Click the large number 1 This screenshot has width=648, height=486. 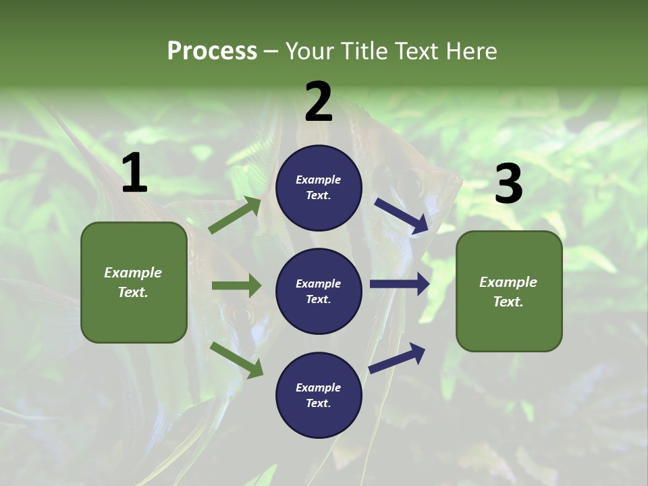(134, 173)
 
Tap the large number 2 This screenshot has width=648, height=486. (319, 103)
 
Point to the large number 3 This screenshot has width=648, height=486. (508, 184)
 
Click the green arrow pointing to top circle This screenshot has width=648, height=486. (235, 215)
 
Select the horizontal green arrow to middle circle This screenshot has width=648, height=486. (236, 286)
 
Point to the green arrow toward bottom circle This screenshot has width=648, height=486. (236, 360)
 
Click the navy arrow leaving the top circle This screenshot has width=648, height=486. (401, 216)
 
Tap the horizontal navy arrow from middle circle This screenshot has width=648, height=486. (400, 284)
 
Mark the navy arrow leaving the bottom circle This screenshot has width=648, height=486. (397, 358)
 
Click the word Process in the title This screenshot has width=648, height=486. (212, 51)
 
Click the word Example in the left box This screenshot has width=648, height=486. (133, 273)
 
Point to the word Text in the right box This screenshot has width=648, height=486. (508, 302)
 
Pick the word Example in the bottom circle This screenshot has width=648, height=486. (319, 387)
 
